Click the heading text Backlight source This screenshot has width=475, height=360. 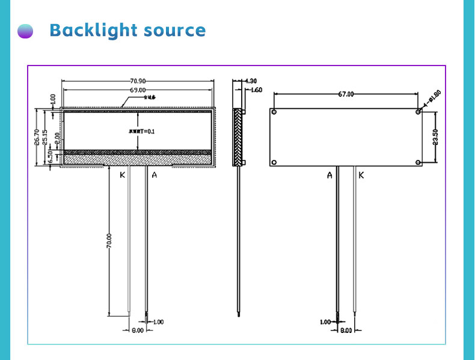click(127, 30)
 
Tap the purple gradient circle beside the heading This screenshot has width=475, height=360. click(25, 31)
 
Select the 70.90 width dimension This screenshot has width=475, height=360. click(138, 80)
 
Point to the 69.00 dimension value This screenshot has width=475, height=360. click(138, 90)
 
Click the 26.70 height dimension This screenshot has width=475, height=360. click(37, 138)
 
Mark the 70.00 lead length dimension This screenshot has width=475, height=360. click(109, 240)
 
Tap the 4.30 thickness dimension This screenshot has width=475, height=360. click(251, 81)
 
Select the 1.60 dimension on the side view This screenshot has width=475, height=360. click(256, 90)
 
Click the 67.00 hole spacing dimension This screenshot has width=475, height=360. click(346, 94)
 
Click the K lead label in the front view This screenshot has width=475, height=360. click(122, 175)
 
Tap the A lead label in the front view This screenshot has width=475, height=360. click(155, 175)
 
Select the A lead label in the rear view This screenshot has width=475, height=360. click(329, 175)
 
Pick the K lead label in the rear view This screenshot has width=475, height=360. click(361, 175)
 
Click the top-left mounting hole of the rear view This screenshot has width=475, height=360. click(274, 112)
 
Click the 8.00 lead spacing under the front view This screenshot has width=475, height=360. click(137, 330)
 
